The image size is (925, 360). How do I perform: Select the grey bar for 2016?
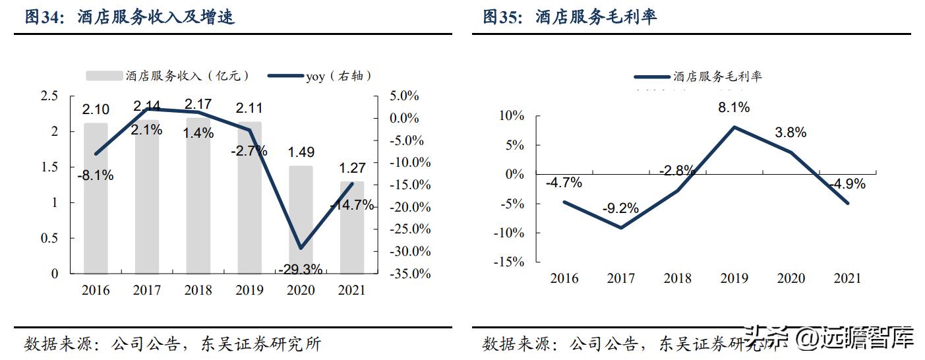coord(96,198)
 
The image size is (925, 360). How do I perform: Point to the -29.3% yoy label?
coord(301,268)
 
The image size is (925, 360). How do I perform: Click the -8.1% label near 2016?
coord(96,175)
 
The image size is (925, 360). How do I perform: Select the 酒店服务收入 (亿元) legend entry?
coord(169,76)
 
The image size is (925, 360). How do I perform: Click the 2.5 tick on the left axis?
coord(50,96)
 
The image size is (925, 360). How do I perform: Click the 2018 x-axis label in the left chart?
coord(198,290)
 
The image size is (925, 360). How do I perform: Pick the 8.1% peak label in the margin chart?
coord(734,107)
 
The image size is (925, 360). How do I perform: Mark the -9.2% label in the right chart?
coord(620,208)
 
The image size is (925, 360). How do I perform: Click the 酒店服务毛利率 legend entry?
coord(699,77)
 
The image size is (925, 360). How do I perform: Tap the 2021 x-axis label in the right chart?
coord(847,278)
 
